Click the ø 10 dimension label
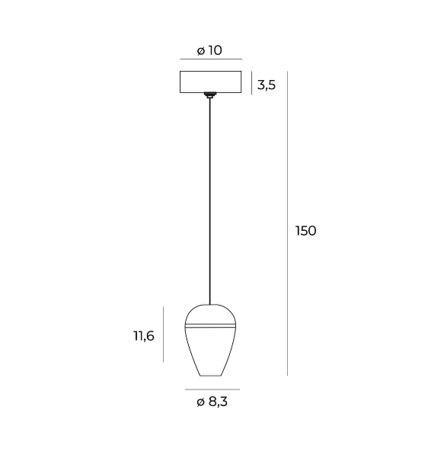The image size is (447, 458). point(209,50)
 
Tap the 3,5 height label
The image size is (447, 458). point(267,85)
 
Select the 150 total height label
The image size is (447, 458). point(305,231)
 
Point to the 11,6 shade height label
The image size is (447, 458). point(144,336)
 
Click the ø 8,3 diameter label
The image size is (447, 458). point(212,402)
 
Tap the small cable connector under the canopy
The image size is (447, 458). point(209,95)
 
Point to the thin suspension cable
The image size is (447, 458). point(209,201)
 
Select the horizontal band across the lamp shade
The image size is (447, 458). point(210,325)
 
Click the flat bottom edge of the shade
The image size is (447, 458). point(210,376)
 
